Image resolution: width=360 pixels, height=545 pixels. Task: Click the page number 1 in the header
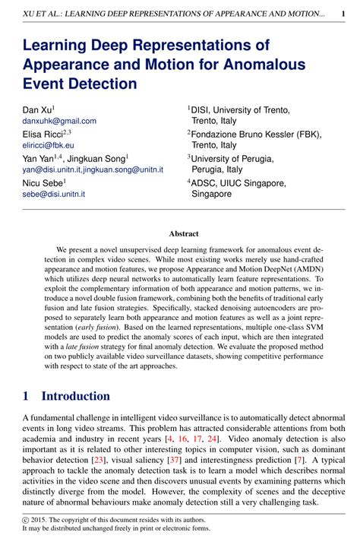coord(343,14)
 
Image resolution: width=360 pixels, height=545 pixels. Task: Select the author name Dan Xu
coord(37,109)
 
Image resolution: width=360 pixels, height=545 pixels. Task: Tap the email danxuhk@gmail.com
coord(59,121)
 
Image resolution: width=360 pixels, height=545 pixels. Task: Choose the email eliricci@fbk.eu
coord(48,145)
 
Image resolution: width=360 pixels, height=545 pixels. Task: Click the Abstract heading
coord(184,234)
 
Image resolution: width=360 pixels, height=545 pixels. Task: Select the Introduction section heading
coord(75,396)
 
